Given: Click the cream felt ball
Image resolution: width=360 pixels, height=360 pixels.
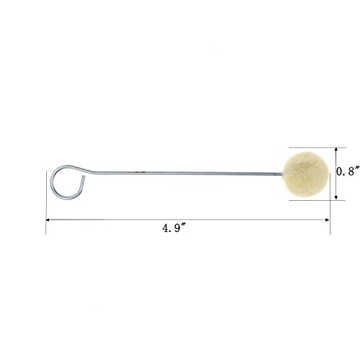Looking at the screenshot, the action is coord(305,174).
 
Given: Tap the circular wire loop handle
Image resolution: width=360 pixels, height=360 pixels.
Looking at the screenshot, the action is coord(51,182).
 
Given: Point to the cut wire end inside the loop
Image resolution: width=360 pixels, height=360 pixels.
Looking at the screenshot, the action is coord(84,176).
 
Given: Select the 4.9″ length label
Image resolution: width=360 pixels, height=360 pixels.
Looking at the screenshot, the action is coord(174,228).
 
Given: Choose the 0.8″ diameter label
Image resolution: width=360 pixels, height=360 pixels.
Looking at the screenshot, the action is coord(348,171).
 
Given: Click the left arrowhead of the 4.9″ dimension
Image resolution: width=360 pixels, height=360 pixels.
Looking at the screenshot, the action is coord(48,220).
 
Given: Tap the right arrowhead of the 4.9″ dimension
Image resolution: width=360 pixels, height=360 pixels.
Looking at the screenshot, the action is coord(328,220).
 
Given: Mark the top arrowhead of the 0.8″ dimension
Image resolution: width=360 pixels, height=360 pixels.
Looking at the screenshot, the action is coord(336,150).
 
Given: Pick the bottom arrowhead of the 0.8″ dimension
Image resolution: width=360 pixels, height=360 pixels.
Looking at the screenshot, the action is coord(336,197).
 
